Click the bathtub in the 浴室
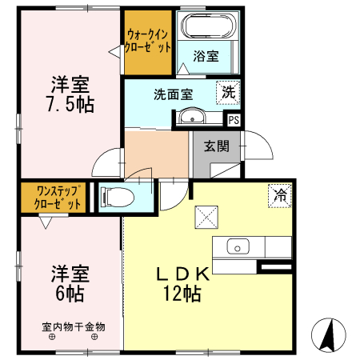click(x=206, y=29)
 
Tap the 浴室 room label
click(x=206, y=56)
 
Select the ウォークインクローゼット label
click(x=148, y=41)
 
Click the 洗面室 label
click(x=174, y=93)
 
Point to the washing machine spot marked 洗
click(x=229, y=92)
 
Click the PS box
click(x=234, y=120)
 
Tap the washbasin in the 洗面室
click(x=190, y=119)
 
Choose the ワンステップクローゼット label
click(x=51, y=198)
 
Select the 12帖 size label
click(x=183, y=293)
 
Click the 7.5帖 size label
click(x=70, y=104)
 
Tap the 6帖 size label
click(x=70, y=293)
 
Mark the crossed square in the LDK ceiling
click(x=206, y=216)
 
